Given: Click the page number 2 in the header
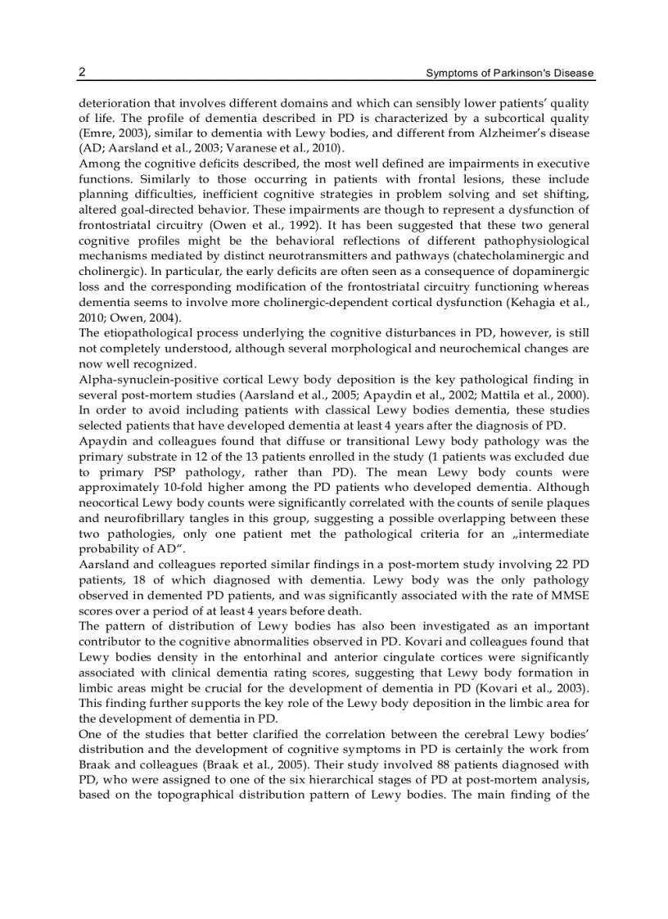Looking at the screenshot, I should [82, 73].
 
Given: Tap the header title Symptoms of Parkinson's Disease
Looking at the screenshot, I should [510, 74].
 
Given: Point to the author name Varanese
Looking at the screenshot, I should [231, 148].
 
